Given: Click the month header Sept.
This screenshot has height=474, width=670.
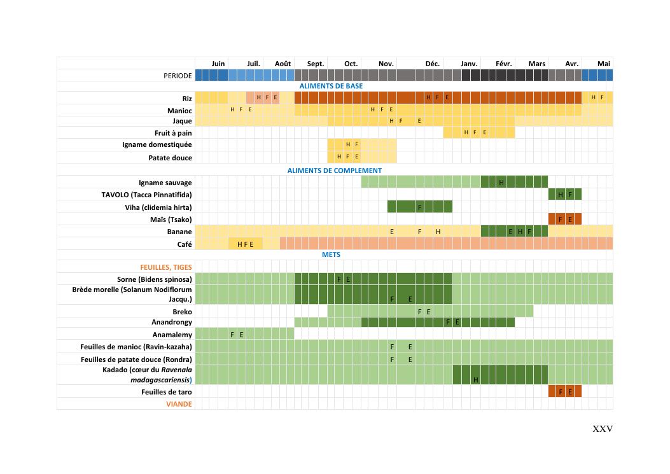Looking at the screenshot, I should pyautogui.click(x=316, y=64).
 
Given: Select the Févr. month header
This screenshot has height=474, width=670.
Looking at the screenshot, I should pyautogui.click(x=504, y=64).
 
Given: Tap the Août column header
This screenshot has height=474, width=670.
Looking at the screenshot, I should pyautogui.click(x=283, y=64).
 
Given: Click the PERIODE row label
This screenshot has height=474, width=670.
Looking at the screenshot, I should pyautogui.click(x=178, y=76).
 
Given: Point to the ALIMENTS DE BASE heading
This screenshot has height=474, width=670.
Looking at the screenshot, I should pyautogui.click(x=331, y=86).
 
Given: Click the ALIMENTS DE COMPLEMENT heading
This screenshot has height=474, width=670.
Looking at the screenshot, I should pyautogui.click(x=334, y=171).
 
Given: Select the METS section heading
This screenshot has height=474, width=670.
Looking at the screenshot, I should pyautogui.click(x=331, y=254).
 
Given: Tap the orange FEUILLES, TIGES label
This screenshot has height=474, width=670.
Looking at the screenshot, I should pyautogui.click(x=166, y=267).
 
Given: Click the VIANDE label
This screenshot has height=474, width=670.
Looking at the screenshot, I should pyautogui.click(x=179, y=404).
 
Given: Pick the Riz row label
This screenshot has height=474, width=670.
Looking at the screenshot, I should pyautogui.click(x=187, y=99).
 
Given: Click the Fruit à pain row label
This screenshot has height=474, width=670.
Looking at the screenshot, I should pyautogui.click(x=173, y=133).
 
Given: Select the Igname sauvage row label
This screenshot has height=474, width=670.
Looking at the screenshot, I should pyautogui.click(x=165, y=183).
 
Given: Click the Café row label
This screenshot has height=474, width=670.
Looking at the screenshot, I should pyautogui.click(x=185, y=244).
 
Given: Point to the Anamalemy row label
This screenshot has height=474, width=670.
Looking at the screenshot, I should pyautogui.click(x=172, y=335).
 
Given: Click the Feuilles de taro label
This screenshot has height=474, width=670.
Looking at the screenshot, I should pyautogui.click(x=167, y=392).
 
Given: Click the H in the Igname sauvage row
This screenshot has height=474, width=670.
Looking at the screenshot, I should pyautogui.click(x=501, y=183).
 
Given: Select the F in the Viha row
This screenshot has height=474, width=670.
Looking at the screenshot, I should pyautogui.click(x=419, y=207).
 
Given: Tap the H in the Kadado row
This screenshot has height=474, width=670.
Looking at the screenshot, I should pyautogui.click(x=475, y=380).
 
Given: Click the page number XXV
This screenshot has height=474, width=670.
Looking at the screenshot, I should pyautogui.click(x=603, y=429).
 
